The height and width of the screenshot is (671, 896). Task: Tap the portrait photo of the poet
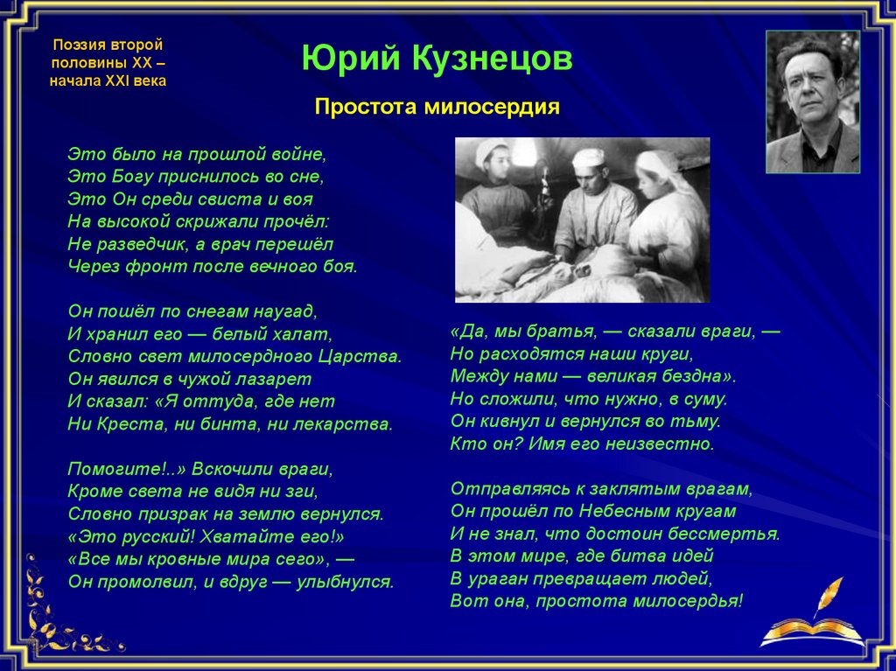813,101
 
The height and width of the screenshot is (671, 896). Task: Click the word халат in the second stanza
301,334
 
